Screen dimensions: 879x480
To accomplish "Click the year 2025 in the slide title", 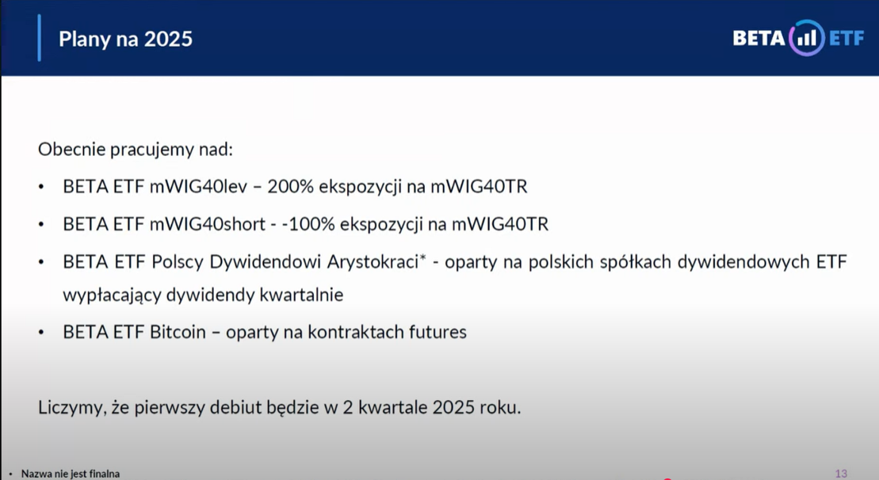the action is (168, 39).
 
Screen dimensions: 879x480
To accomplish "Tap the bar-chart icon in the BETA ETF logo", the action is (807, 38).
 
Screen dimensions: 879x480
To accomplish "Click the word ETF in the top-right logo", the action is (847, 38).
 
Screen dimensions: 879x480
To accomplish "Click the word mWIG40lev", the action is (198, 186).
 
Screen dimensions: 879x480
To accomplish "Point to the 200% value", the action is (290, 186).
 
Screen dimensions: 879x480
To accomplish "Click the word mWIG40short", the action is (208, 224).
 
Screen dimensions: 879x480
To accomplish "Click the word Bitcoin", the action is (178, 332).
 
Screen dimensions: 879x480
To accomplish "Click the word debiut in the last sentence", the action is (235, 407).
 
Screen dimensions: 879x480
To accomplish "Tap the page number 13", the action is (841, 474).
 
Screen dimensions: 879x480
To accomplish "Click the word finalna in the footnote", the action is (105, 474).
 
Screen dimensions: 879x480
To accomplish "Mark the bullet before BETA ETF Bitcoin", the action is (41, 333).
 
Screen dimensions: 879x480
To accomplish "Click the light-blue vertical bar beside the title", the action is (40, 38).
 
